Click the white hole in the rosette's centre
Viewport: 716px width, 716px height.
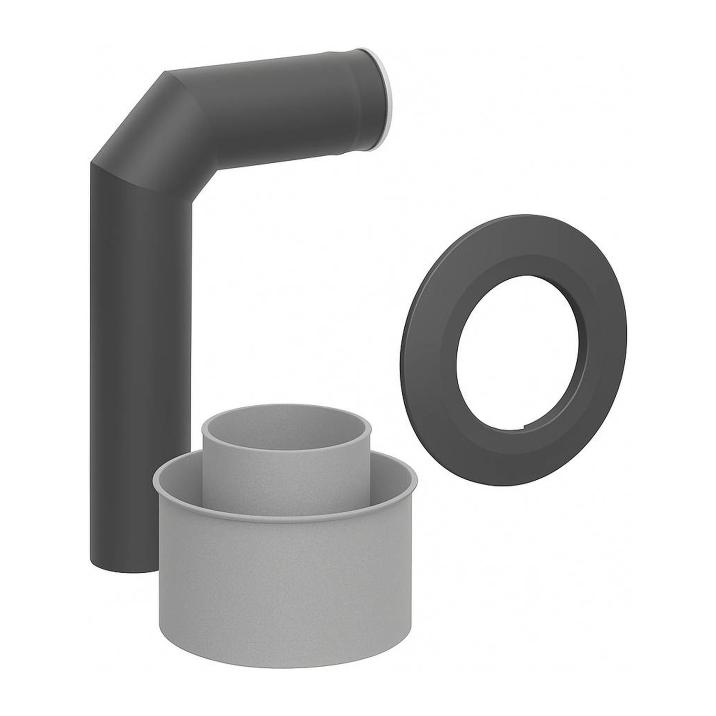[518, 351]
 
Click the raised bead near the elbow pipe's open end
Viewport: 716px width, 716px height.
[356, 103]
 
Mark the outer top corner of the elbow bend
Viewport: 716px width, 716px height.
[166, 73]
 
